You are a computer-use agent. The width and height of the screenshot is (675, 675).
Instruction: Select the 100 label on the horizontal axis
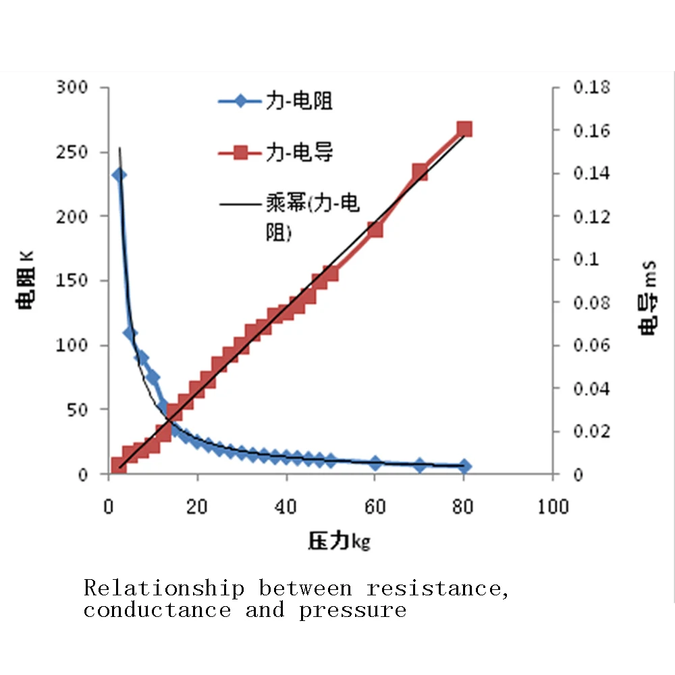(x=553, y=506)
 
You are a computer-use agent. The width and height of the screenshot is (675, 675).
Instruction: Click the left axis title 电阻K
(x=28, y=281)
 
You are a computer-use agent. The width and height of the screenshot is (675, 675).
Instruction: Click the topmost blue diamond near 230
(x=119, y=175)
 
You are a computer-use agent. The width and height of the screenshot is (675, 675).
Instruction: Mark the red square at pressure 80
(x=464, y=130)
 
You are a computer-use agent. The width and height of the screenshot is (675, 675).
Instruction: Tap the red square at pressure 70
(x=420, y=171)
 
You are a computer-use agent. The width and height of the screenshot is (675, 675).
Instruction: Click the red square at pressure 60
(x=375, y=230)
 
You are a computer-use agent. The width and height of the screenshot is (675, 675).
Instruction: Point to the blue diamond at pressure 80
(x=464, y=466)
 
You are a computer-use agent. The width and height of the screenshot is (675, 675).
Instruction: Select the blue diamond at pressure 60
(x=375, y=463)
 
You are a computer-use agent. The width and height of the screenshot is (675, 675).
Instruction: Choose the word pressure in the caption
(x=353, y=612)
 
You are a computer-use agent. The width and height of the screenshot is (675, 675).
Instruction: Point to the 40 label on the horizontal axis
(x=286, y=506)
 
